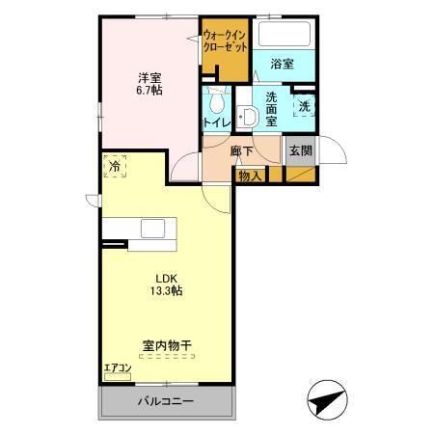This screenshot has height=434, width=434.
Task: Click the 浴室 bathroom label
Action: [282, 65]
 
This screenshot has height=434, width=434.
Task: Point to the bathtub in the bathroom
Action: [284, 38]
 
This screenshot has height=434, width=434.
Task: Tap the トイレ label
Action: [215, 122]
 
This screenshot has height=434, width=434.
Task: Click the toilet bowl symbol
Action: [216, 100]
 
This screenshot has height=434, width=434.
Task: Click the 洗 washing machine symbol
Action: [305, 105]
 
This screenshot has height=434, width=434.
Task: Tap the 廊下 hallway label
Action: [242, 151]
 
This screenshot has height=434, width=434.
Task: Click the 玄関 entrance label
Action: [300, 150]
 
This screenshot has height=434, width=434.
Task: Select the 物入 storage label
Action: [250, 176]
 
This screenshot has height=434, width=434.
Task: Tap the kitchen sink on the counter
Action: [154, 229]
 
